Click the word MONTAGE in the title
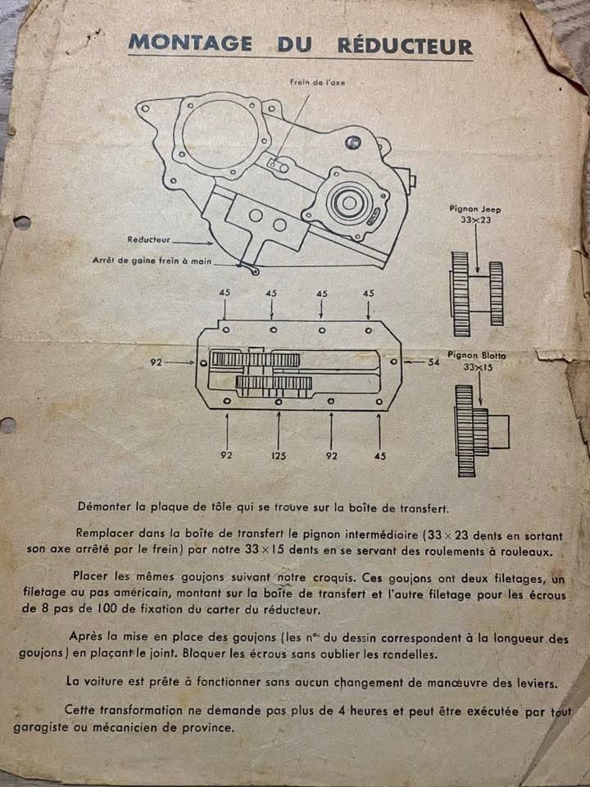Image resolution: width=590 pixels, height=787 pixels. click(189, 43)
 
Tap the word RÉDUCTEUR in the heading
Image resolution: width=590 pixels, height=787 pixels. click(405, 45)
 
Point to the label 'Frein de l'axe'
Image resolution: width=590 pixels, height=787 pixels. click(318, 82)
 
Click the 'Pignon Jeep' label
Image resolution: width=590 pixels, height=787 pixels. click(474, 209)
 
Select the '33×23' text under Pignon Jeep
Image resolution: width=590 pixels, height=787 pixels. click(475, 220)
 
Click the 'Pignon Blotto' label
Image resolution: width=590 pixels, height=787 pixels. click(476, 355)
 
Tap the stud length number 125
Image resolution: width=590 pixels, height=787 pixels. click(279, 456)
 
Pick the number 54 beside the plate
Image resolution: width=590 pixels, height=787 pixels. click(433, 362)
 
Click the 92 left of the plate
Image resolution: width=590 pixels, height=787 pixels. click(157, 362)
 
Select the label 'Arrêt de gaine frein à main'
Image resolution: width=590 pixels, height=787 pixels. click(152, 261)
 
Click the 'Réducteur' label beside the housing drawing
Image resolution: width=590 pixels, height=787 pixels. click(148, 240)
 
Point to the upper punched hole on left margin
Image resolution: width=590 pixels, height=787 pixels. click(22, 222)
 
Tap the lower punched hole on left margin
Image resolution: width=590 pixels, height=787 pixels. click(7, 425)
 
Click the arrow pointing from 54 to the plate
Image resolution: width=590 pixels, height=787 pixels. click(414, 362)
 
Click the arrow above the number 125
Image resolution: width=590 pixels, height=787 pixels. click(279, 430)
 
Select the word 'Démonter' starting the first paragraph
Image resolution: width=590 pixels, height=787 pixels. click(104, 507)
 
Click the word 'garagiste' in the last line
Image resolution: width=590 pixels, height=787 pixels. click(39, 728)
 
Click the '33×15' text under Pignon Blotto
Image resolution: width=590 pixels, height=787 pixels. click(479, 367)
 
